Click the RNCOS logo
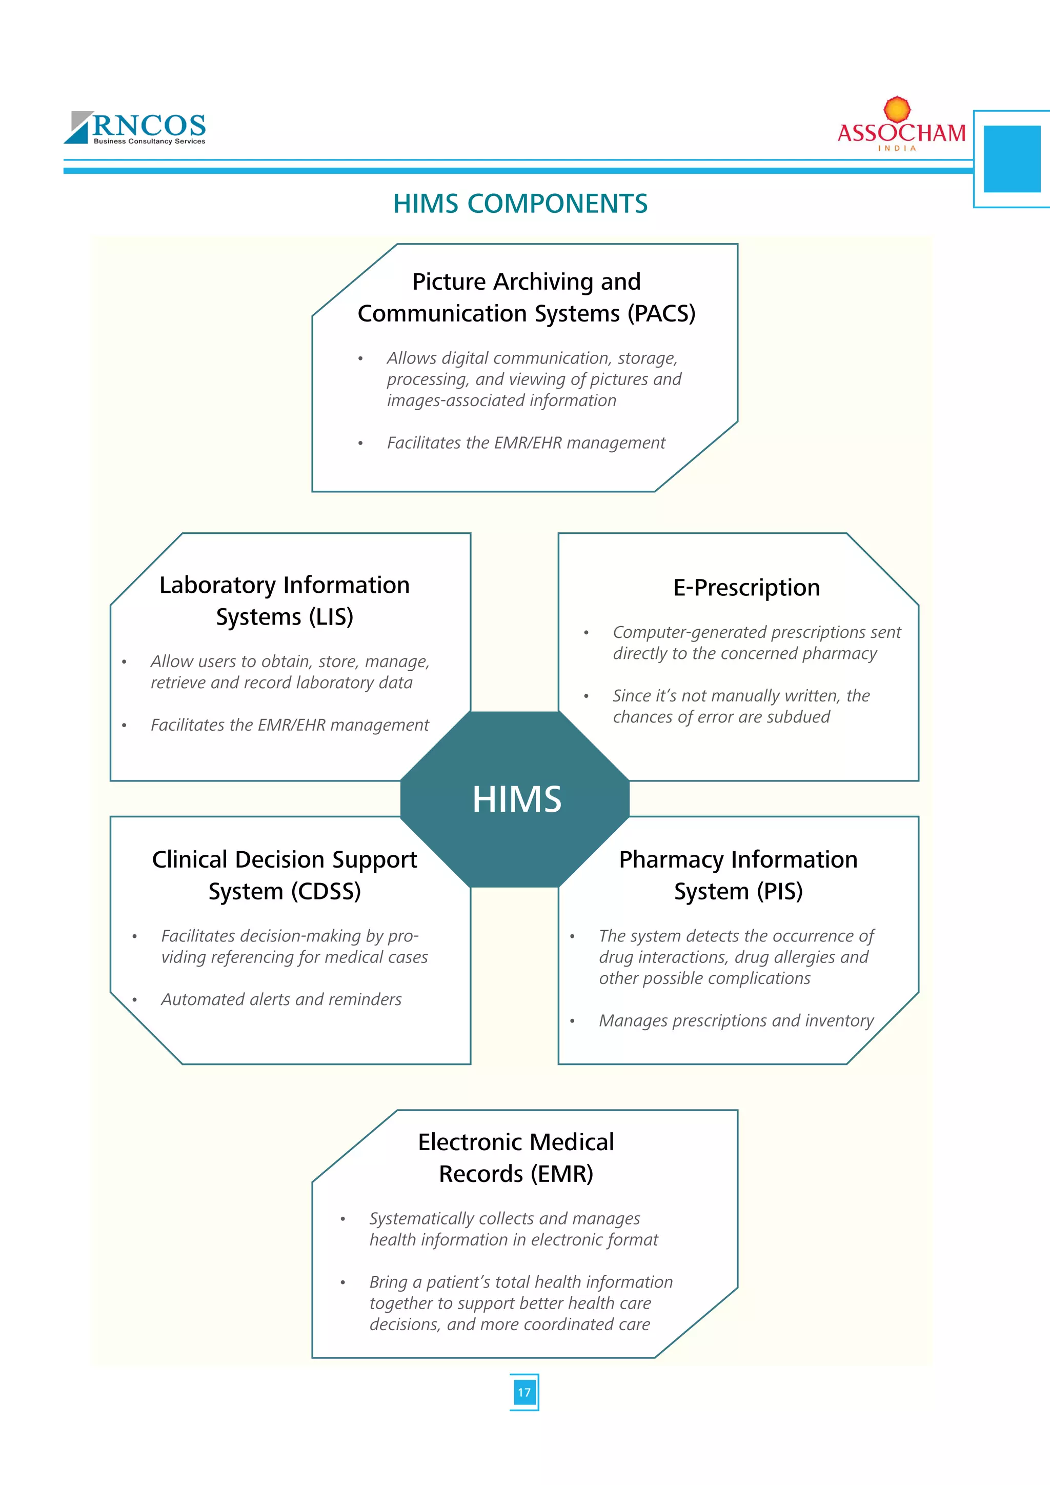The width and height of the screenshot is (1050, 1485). [x=136, y=127]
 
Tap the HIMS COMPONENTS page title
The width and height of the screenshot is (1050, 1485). [x=520, y=204]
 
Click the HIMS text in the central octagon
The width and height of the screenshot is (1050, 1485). [x=517, y=799]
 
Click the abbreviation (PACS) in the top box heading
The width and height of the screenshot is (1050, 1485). [x=661, y=314]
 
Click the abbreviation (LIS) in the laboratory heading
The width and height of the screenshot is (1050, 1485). [x=330, y=617]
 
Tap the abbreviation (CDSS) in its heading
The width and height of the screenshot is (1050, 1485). [x=326, y=891]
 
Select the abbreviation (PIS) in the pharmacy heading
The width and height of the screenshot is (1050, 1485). [x=780, y=891]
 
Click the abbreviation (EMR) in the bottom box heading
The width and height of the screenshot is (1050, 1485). [x=562, y=1174]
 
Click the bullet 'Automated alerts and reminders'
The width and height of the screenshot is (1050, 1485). [x=281, y=999]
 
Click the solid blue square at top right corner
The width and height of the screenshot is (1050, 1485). [x=1012, y=159]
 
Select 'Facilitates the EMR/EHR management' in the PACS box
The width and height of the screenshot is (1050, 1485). [x=526, y=443]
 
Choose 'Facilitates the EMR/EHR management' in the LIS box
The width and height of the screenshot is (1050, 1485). [x=290, y=725]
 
